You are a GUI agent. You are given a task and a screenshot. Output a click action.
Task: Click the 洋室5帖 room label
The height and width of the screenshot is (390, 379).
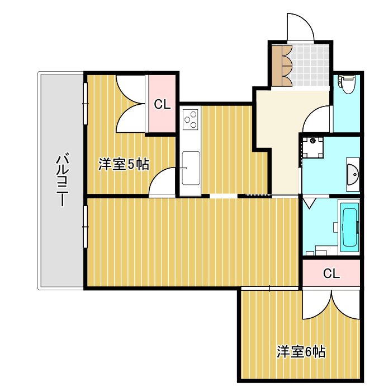[124, 164]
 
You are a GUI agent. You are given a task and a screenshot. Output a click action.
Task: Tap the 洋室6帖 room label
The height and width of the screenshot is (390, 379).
[301, 352]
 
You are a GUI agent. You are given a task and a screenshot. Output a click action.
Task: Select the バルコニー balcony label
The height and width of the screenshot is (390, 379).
[62, 180]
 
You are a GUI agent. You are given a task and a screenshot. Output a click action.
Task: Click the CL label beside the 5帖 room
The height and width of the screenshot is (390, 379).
[162, 104]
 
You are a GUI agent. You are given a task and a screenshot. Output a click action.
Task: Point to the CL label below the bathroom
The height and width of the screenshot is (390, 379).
[331, 273]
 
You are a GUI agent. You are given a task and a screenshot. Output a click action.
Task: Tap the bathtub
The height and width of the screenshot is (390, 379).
[349, 227]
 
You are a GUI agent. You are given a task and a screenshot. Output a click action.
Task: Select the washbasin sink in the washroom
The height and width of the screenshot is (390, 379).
[353, 174]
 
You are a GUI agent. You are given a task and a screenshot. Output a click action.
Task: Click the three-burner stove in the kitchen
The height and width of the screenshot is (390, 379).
[191, 119]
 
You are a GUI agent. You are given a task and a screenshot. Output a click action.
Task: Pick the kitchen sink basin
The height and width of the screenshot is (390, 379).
[191, 168]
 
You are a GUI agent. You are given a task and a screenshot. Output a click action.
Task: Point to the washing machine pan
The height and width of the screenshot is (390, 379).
[312, 147]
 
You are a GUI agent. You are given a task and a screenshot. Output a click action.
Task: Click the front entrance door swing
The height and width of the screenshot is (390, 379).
[300, 27]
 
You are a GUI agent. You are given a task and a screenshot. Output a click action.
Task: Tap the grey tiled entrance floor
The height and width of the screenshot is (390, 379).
[310, 66]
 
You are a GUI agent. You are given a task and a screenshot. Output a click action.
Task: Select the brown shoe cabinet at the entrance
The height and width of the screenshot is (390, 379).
[282, 66]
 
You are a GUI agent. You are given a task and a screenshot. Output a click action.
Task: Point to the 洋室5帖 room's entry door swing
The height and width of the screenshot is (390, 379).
[162, 182]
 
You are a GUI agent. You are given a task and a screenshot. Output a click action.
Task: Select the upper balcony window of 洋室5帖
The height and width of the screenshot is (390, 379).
[86, 104]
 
